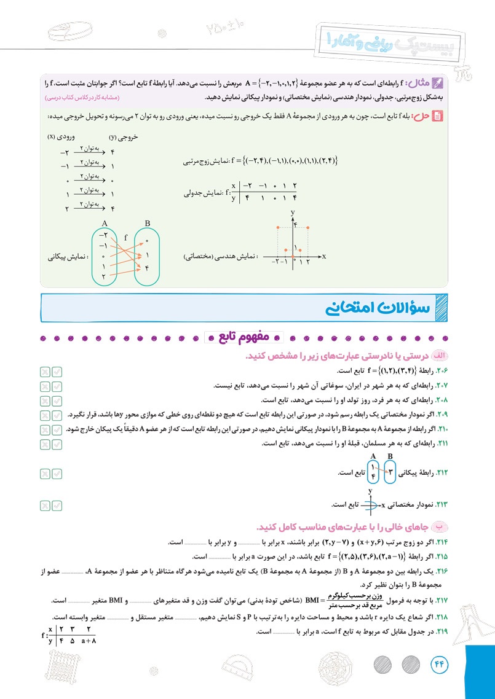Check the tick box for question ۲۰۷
pyautogui.click(x=57, y=386)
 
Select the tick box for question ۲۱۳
pyautogui.click(x=57, y=505)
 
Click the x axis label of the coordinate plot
pyautogui.click(x=323, y=255)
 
